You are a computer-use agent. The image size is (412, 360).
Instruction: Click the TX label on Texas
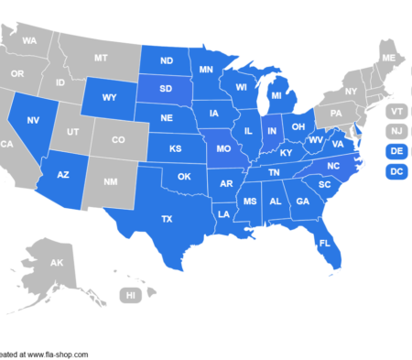pyautogui.click(x=167, y=219)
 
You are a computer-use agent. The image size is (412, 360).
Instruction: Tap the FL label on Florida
pyautogui.click(x=324, y=244)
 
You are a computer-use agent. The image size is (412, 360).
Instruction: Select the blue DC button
pyautogui.click(x=396, y=171)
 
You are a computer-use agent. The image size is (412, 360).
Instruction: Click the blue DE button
pyautogui.click(x=396, y=151)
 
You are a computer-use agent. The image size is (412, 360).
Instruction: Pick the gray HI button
pyautogui.click(x=132, y=295)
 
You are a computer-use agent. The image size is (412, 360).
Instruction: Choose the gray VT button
pyautogui.click(x=396, y=111)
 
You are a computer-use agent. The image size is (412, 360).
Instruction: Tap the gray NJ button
pyautogui.click(x=396, y=131)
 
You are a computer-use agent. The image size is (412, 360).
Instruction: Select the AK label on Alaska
pyautogui.click(x=56, y=263)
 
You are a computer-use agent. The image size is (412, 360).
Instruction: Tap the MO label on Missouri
pyautogui.click(x=222, y=147)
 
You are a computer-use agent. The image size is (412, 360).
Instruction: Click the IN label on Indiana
pyautogui.click(x=271, y=131)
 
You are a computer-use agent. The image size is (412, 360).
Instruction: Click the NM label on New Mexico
pyautogui.click(x=112, y=182)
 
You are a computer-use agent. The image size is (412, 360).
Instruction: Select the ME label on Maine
pyautogui.click(x=388, y=59)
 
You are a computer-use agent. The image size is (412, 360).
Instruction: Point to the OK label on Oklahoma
pyautogui.click(x=184, y=177)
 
